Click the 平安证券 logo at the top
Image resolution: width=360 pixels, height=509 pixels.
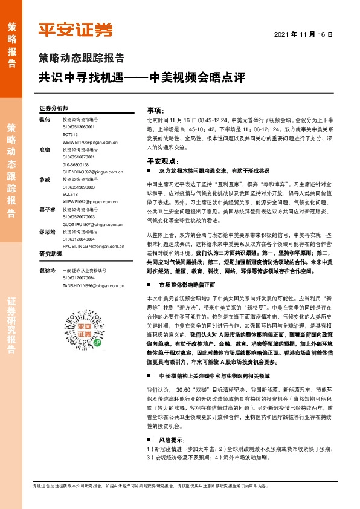point(75,30)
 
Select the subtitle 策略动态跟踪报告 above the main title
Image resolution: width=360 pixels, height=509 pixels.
point(82,59)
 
